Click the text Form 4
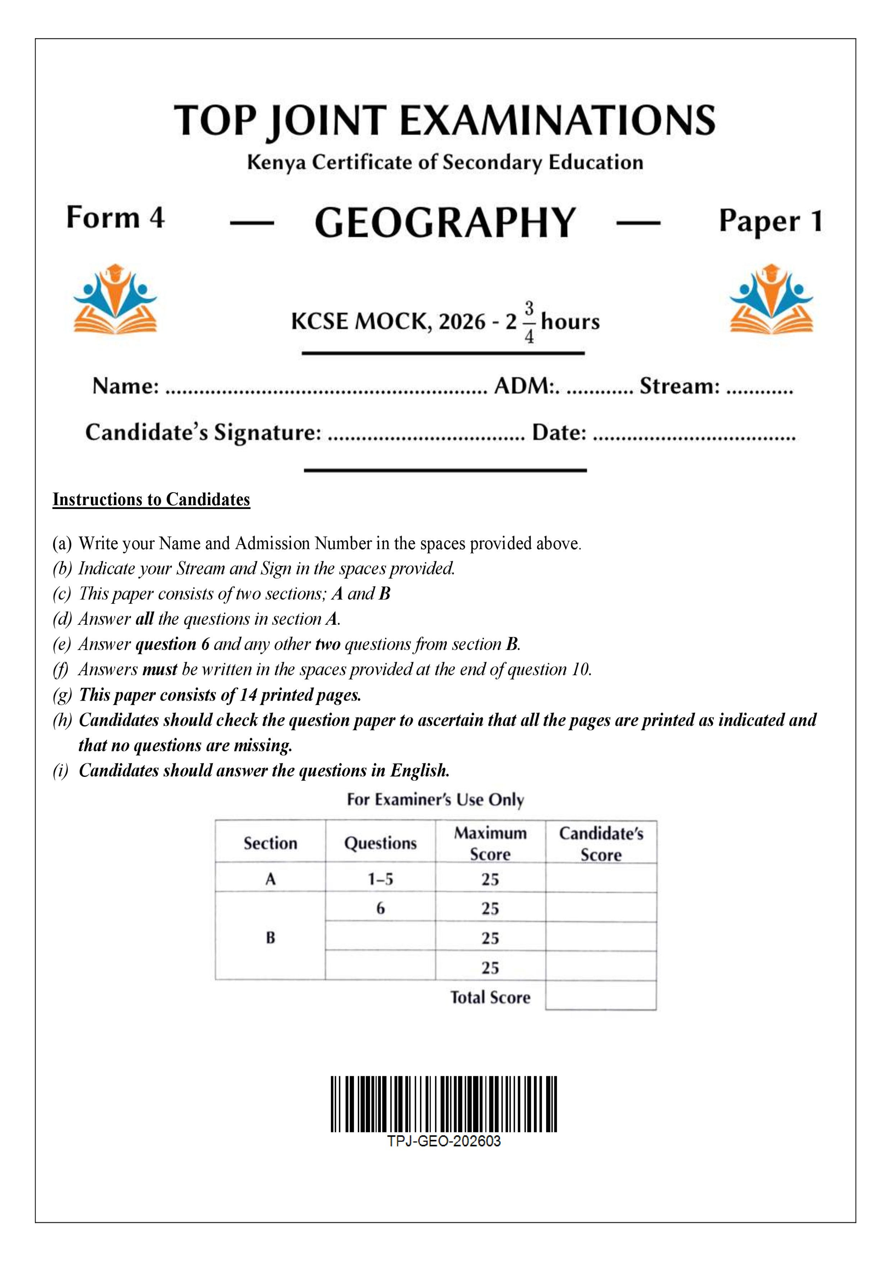(x=115, y=217)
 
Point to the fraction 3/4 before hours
(x=528, y=322)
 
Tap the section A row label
(x=270, y=879)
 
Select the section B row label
(x=270, y=937)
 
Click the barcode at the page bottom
(x=444, y=1104)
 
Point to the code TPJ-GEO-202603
(x=444, y=1141)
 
